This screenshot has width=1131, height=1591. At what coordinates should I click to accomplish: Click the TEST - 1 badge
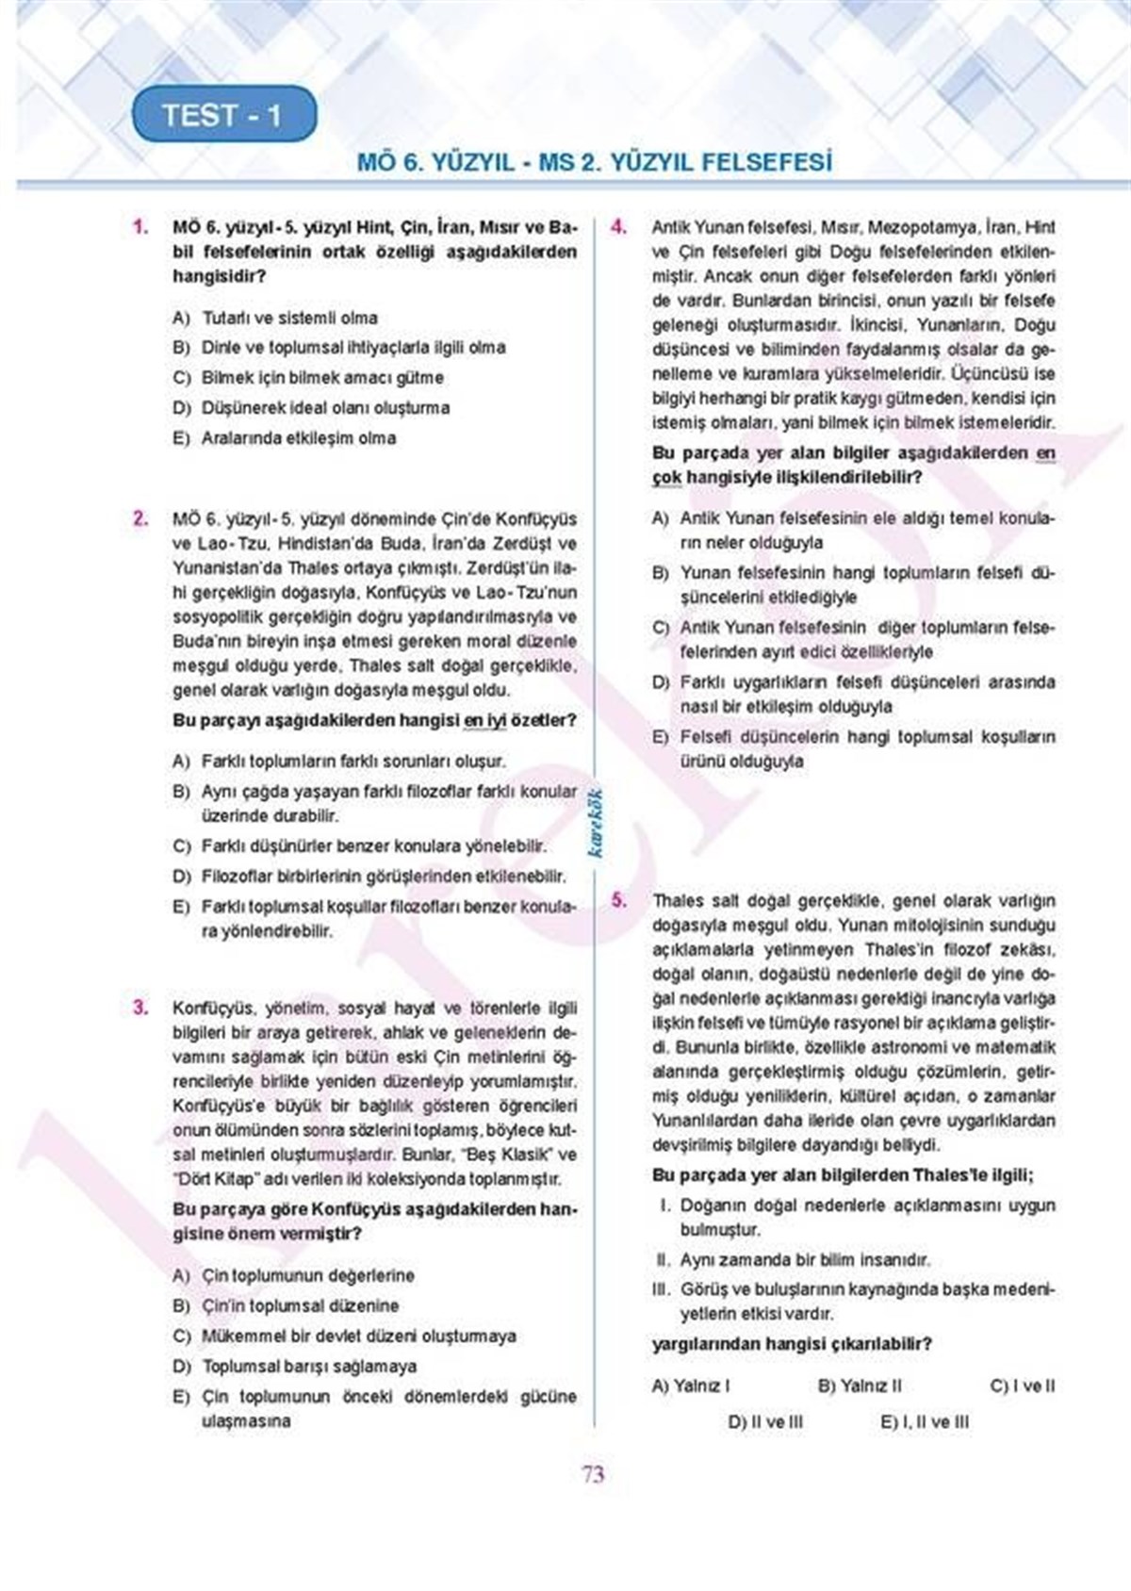pyautogui.click(x=222, y=115)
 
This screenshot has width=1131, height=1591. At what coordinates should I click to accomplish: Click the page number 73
pyautogui.click(x=593, y=1474)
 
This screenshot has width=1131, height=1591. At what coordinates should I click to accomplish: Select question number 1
pyautogui.click(x=141, y=227)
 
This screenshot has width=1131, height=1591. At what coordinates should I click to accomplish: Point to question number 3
pyautogui.click(x=141, y=1007)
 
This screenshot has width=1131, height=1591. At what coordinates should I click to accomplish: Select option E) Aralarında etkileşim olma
pyautogui.click(x=285, y=437)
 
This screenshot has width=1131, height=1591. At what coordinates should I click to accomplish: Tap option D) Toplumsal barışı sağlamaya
pyautogui.click(x=295, y=1366)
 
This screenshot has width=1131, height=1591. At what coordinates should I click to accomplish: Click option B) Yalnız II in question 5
pyautogui.click(x=860, y=1386)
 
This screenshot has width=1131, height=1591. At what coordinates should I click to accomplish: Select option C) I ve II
pyautogui.click(x=1023, y=1386)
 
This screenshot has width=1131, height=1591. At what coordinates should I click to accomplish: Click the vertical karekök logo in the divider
pyautogui.click(x=596, y=822)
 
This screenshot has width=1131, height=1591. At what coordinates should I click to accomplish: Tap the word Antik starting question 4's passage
pyautogui.click(x=671, y=227)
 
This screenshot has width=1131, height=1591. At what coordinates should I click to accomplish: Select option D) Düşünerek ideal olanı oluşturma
pyautogui.click(x=312, y=407)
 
